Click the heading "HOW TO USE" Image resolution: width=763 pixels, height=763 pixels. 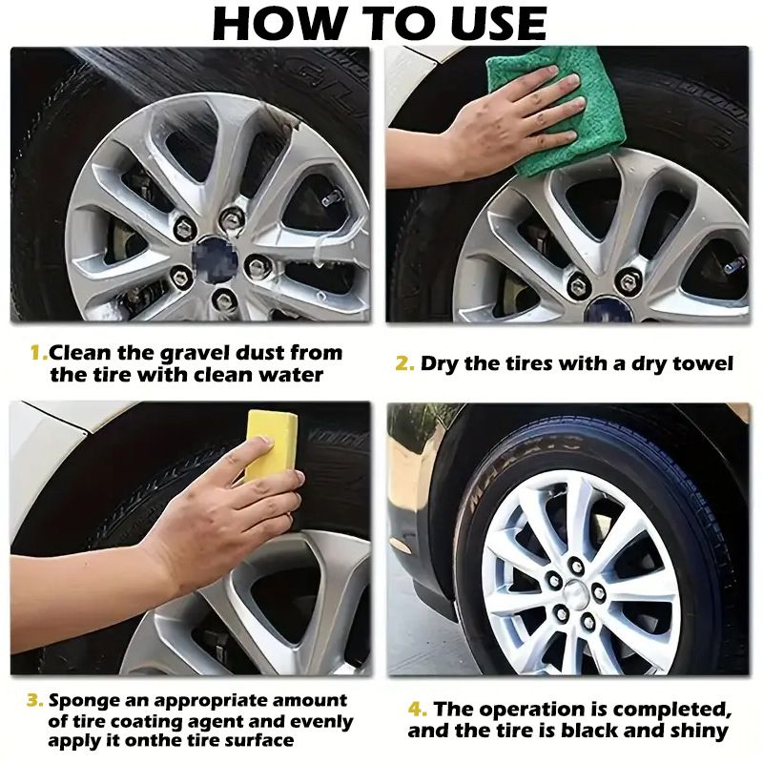pyautogui.click(x=380, y=24)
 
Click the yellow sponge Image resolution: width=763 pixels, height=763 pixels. pyautogui.click(x=271, y=444)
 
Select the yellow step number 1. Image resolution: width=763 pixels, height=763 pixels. pyautogui.click(x=37, y=353)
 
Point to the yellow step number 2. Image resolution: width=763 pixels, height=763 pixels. pyautogui.click(x=404, y=363)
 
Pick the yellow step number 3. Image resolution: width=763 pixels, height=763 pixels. pyautogui.click(x=35, y=701)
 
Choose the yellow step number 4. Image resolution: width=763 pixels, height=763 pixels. pyautogui.click(x=418, y=710)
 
